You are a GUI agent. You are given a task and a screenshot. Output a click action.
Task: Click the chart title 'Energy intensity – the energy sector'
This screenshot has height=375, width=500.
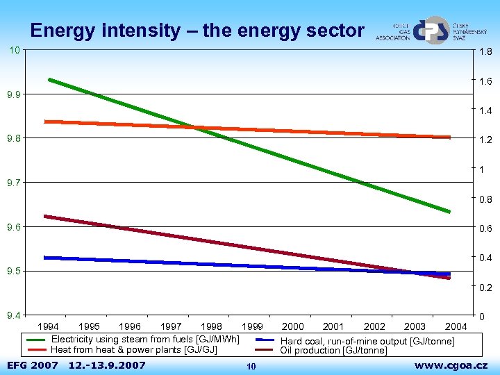pyautogui.click(x=197, y=31)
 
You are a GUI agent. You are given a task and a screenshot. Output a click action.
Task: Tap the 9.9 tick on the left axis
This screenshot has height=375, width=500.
pyautogui.click(x=13, y=94)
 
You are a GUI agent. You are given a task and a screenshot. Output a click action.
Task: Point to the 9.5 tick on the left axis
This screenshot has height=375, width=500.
pyautogui.click(x=13, y=272)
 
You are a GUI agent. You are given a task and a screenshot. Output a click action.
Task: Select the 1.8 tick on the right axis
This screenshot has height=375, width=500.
pyautogui.click(x=485, y=52)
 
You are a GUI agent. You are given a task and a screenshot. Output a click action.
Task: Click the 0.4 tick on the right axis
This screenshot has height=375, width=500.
pyautogui.click(x=485, y=258)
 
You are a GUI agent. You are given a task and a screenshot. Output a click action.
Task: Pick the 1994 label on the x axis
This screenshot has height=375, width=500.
pyautogui.click(x=48, y=327)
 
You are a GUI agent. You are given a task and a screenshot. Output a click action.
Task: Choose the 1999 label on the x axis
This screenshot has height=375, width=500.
pyautogui.click(x=252, y=327)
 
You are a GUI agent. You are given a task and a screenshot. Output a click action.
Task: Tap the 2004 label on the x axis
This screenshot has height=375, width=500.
pyautogui.click(x=456, y=327)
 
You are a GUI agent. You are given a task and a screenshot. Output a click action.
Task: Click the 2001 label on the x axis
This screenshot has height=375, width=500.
pyautogui.click(x=333, y=327)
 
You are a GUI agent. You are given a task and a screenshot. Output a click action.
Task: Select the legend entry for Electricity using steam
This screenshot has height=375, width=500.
pyautogui.click(x=144, y=339)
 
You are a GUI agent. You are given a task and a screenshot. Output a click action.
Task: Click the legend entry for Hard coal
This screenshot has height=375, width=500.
pyautogui.click(x=367, y=341)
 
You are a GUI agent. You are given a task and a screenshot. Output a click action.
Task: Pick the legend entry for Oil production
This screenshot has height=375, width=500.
pyautogui.click(x=333, y=351)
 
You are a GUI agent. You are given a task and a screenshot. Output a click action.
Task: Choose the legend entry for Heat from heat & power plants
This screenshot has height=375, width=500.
pyautogui.click(x=133, y=349)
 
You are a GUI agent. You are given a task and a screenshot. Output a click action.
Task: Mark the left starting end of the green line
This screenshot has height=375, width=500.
pyautogui.click(x=49, y=80)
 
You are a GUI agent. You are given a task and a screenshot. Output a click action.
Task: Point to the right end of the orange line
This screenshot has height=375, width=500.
pyautogui.click(x=449, y=137)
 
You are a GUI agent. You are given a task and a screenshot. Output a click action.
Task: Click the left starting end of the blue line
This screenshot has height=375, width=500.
pyautogui.click(x=45, y=258)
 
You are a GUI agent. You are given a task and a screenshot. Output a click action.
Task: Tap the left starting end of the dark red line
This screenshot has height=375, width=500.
pyautogui.click(x=45, y=217)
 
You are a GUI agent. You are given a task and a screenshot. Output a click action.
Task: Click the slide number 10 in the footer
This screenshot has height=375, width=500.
pyautogui.click(x=251, y=366)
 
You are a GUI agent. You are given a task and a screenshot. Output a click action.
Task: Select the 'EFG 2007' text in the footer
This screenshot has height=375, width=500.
pyautogui.click(x=32, y=365)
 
